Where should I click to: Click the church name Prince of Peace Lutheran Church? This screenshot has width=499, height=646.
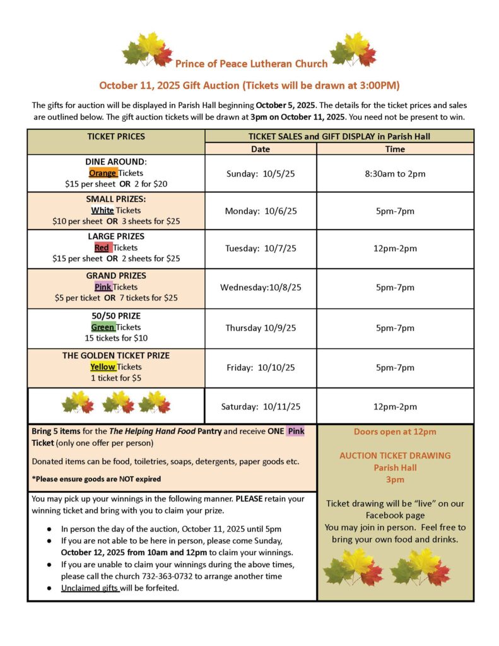(251, 63)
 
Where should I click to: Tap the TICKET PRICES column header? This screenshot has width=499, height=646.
(115, 136)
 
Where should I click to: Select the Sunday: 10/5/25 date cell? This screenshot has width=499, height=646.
(261, 173)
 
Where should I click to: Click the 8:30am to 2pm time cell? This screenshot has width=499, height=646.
(395, 173)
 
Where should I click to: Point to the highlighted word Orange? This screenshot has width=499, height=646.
(102, 173)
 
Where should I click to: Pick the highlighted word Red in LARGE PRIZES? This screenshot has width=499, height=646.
(102, 247)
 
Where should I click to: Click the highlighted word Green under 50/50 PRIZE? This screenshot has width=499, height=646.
(102, 327)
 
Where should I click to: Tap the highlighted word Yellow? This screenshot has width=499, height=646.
(102, 367)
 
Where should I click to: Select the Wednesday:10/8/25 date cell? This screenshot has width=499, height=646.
(261, 288)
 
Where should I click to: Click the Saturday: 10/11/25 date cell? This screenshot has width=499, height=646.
(261, 406)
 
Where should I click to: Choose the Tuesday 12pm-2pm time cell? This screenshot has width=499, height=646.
(395, 248)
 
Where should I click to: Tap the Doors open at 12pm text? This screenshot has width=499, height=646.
(395, 432)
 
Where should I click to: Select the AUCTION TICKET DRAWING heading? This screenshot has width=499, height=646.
(395, 455)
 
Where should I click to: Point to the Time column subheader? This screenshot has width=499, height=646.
(395, 150)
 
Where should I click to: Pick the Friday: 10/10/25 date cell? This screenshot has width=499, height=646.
(261, 367)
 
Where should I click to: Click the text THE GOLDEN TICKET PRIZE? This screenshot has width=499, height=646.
(115, 355)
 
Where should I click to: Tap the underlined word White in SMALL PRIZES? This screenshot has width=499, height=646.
(102, 210)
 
